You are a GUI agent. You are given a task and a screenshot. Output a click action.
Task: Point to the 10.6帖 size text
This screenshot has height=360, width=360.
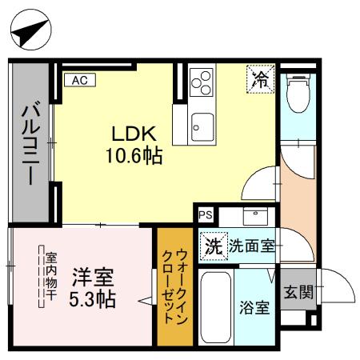click(134, 155)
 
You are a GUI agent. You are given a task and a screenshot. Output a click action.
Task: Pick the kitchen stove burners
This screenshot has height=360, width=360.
click(202, 82)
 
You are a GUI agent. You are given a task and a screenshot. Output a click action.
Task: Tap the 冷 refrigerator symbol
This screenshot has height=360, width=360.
click(260, 78)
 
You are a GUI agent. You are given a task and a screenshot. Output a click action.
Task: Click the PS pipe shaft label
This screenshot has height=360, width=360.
click(206, 214)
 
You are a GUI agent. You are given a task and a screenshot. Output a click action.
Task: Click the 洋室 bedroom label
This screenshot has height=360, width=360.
click(94, 279)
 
